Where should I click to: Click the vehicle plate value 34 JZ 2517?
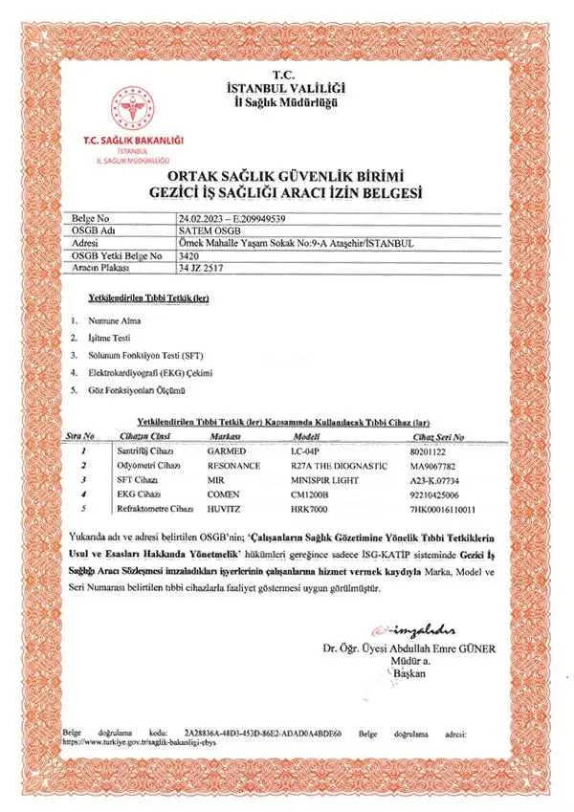pos(200,269)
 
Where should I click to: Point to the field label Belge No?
pos(91,218)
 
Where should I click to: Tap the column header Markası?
pos(226,436)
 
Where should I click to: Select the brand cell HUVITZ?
pos(225,509)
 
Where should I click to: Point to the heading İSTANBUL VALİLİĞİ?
pos(286,89)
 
